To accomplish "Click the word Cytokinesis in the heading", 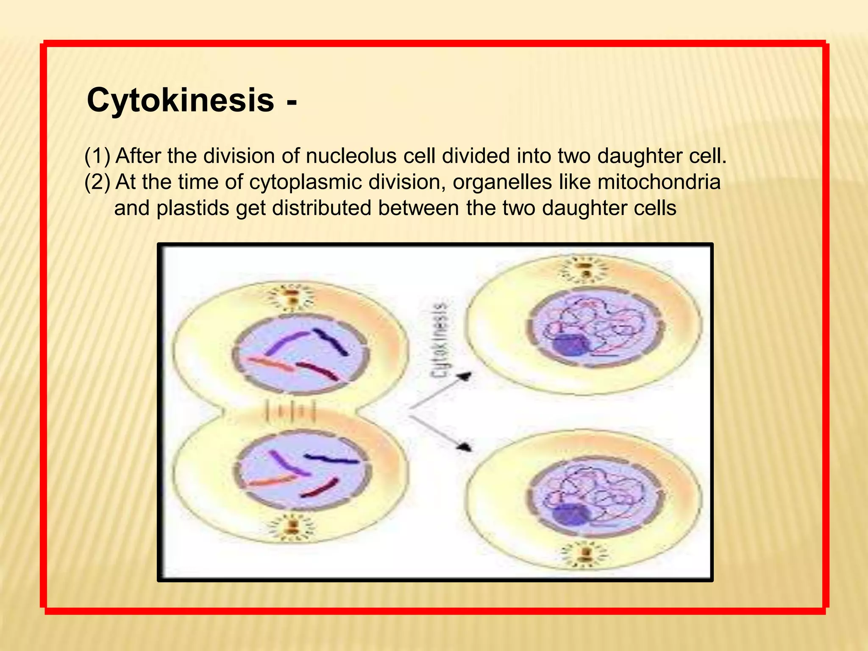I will click(x=180, y=100).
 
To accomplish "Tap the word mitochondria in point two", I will click(x=659, y=182).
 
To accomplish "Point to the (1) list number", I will click(x=97, y=156).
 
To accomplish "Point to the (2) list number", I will click(x=97, y=182).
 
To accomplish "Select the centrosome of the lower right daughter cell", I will click(x=585, y=555).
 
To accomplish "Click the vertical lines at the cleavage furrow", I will click(x=290, y=411).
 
